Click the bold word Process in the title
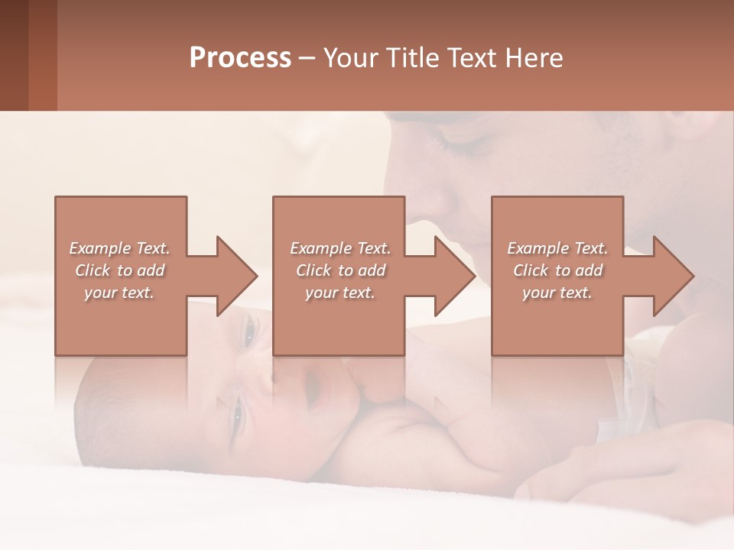coord(240,58)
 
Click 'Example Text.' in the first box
coord(119,248)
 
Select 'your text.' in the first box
coord(119,293)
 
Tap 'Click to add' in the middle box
coord(340,270)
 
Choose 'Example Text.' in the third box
coord(557,248)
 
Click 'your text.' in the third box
coord(557,293)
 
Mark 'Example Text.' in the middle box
coord(340,248)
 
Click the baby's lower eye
coord(235,416)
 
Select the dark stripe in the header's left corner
coord(14,55)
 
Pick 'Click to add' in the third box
coord(557,270)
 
